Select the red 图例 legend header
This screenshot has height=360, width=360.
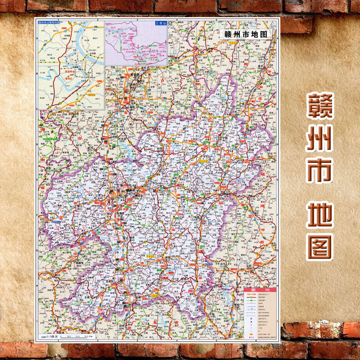point(260,291)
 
